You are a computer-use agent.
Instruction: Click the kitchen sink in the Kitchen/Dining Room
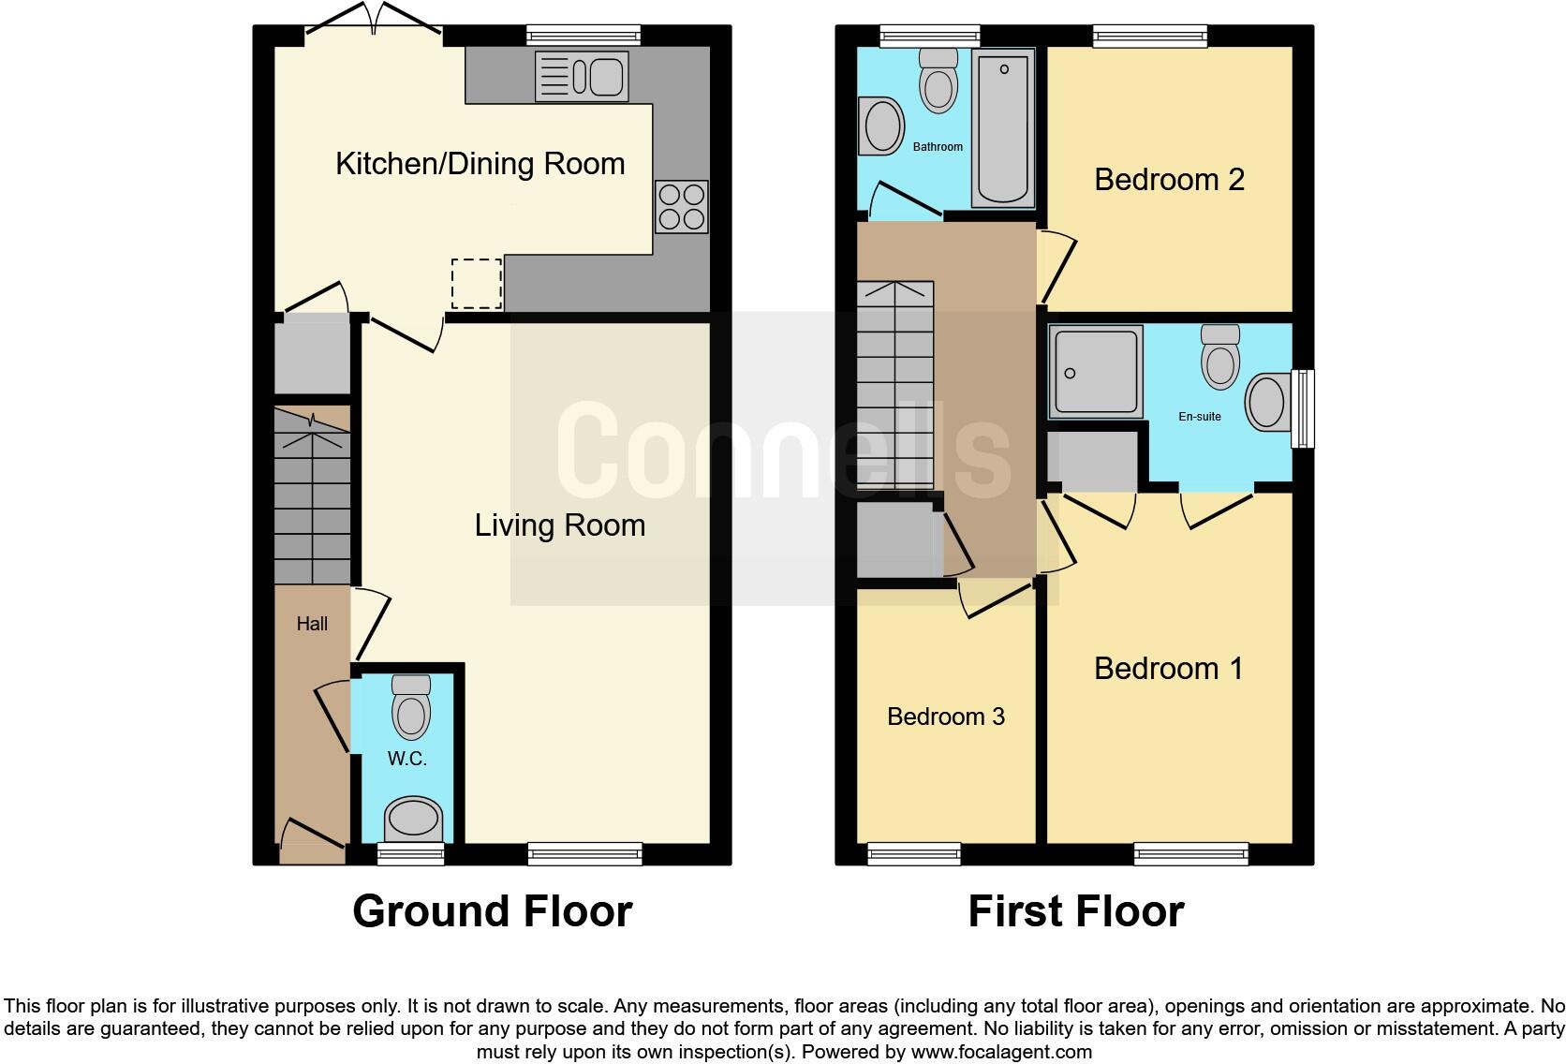(x=581, y=76)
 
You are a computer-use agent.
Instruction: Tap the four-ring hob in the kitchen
(x=681, y=207)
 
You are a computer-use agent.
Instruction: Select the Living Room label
(x=559, y=525)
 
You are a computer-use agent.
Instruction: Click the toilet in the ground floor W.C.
(x=411, y=708)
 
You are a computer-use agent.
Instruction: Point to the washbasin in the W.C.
(x=413, y=820)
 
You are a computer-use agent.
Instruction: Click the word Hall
(x=312, y=624)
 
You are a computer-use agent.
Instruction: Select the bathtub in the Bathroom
(x=1003, y=128)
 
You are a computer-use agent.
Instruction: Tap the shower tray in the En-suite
(x=1095, y=371)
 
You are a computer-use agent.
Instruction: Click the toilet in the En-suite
(x=1220, y=358)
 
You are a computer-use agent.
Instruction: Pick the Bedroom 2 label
(x=1169, y=180)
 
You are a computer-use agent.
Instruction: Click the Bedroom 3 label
(x=945, y=717)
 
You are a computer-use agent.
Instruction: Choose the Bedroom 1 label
(x=1168, y=669)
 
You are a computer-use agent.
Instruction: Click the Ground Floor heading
(x=492, y=911)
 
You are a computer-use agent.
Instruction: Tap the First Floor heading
(x=1075, y=911)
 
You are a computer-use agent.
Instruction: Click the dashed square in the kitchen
(x=477, y=284)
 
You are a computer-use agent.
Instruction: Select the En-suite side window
(x=1302, y=409)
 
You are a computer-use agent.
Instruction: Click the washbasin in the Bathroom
(x=881, y=126)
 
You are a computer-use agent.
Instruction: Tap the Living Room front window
(x=584, y=853)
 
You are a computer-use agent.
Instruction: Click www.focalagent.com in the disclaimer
(x=1000, y=1052)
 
